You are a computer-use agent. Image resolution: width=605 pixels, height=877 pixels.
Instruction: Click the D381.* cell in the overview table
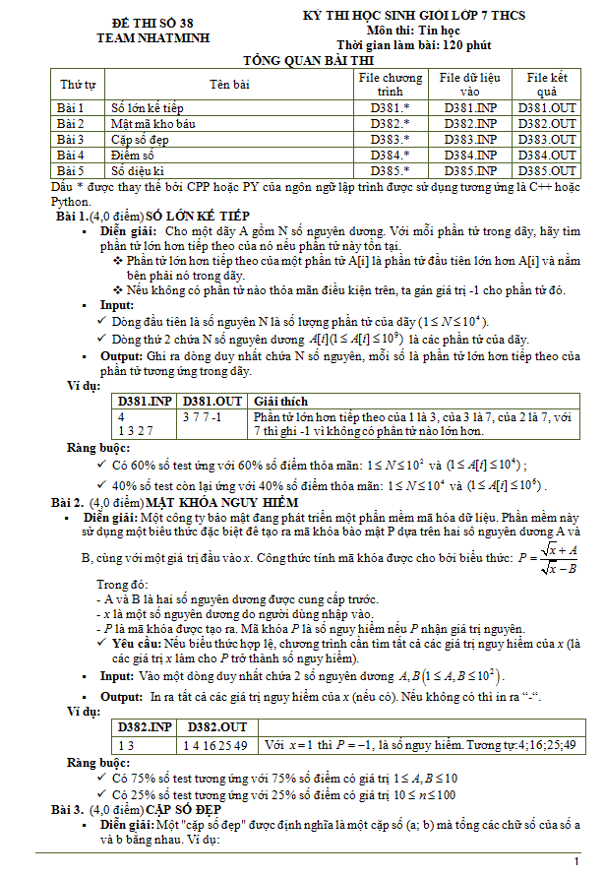pyautogui.click(x=390, y=107)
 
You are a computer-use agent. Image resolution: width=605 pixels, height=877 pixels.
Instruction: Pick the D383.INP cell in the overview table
pyautogui.click(x=470, y=139)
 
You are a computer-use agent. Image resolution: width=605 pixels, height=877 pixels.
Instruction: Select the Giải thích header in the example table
pyautogui.click(x=280, y=402)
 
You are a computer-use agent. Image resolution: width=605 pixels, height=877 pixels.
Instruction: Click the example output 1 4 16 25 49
pyautogui.click(x=215, y=743)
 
